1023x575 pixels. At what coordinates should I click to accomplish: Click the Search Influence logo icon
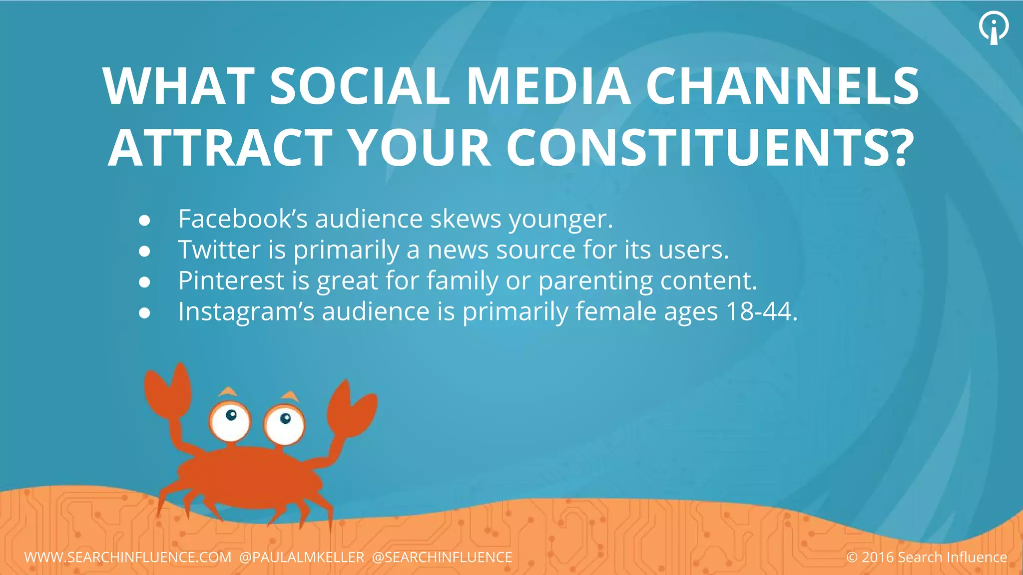pos(994,27)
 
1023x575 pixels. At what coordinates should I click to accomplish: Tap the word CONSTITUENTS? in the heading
pos(710,148)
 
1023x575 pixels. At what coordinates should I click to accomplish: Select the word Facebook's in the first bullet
pos(243,219)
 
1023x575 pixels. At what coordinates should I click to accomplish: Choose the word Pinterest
pos(231,281)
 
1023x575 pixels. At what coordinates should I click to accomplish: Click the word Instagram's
pos(246,312)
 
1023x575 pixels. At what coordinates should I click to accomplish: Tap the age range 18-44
pos(761,312)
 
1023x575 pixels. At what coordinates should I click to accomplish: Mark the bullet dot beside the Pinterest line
pos(144,282)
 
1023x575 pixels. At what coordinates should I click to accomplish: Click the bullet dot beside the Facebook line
pos(144,221)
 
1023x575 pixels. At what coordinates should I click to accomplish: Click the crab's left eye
pos(230,420)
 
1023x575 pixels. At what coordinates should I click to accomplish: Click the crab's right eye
pos(284,424)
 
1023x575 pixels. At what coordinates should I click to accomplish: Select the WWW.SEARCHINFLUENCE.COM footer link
pos(128,557)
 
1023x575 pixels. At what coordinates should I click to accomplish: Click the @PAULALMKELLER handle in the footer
pos(302,557)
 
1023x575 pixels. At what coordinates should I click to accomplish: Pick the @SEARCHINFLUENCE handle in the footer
pos(442,557)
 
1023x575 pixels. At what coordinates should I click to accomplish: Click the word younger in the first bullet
pos(560,220)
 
